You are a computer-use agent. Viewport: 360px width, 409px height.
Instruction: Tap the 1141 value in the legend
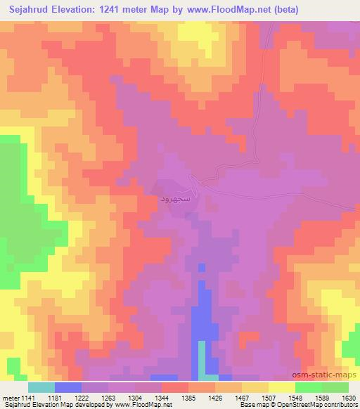[x=27, y=398]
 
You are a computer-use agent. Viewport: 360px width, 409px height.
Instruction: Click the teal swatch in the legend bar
[x=41, y=387]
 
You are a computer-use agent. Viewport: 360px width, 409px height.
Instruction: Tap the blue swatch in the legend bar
[x=68, y=387]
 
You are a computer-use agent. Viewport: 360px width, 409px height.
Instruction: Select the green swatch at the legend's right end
[x=335, y=387]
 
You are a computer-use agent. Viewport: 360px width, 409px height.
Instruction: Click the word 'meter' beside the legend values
[x=11, y=398]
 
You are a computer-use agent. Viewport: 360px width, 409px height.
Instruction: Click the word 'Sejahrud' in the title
[x=29, y=10]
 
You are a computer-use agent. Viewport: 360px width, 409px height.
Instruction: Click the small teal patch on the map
[x=202, y=358]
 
